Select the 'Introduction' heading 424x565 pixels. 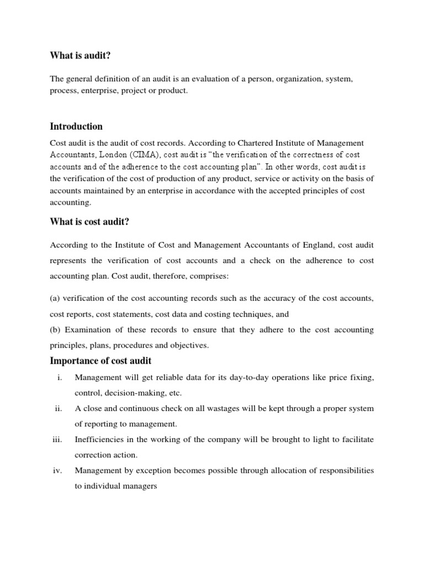click(76, 126)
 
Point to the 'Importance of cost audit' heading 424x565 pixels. click(100, 361)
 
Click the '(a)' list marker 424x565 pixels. click(55, 298)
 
